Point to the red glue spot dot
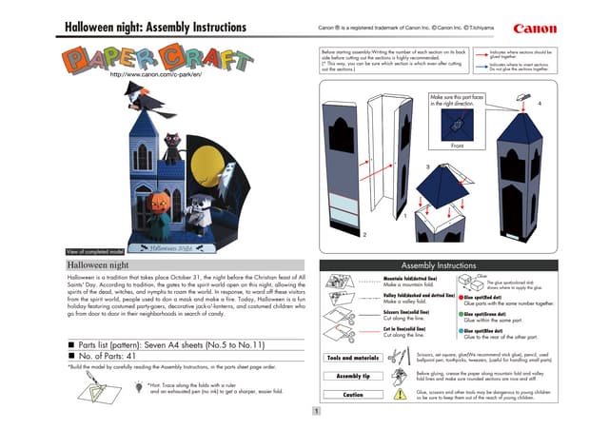point(460,297)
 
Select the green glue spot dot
point(460,312)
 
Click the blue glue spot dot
point(460,328)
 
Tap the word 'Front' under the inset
point(458,146)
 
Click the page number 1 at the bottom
point(315,411)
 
